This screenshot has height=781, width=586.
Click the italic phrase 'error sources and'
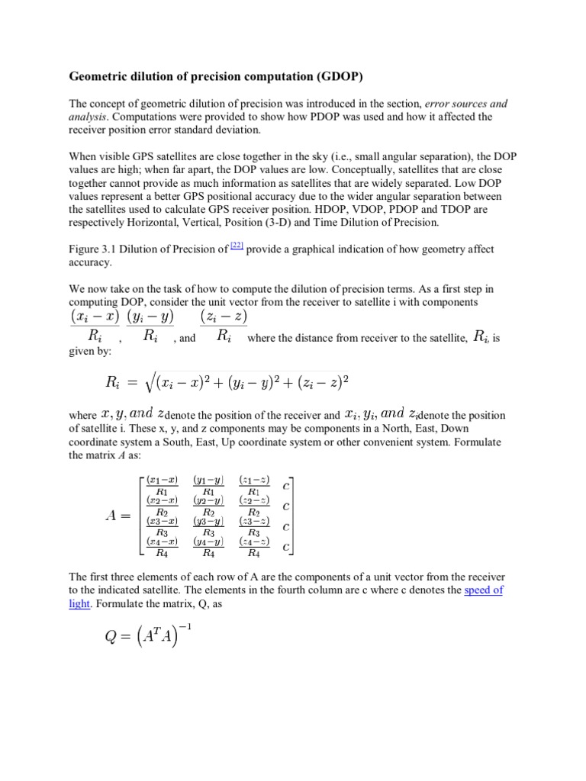pyautogui.click(x=466, y=104)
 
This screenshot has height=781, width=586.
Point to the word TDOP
pyautogui.click(x=491, y=209)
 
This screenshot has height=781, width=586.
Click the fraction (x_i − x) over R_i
pyautogui.click(x=95, y=326)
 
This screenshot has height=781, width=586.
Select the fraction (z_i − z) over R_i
pyautogui.click(x=224, y=326)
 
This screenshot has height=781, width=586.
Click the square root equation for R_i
pyautogui.click(x=226, y=381)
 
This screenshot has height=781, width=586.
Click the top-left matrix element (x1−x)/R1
pyautogui.click(x=162, y=486)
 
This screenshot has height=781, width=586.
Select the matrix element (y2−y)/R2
pyautogui.click(x=208, y=506)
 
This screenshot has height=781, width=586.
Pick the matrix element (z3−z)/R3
pyautogui.click(x=253, y=527)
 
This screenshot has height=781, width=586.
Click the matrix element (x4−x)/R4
pyautogui.click(x=162, y=548)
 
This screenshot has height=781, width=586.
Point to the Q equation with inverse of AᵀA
pyautogui.click(x=146, y=635)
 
